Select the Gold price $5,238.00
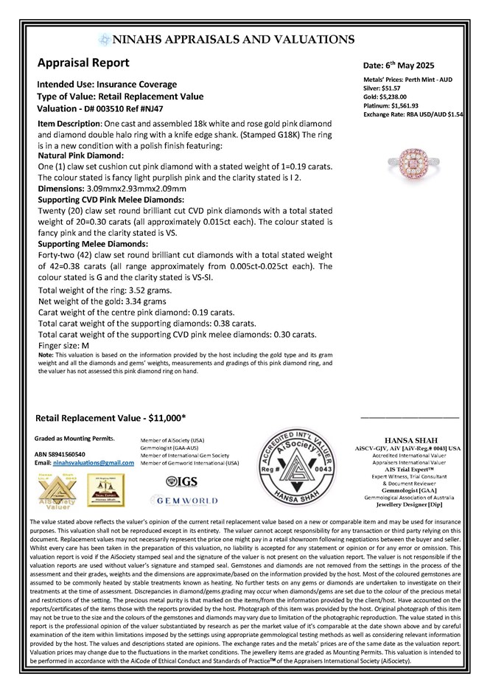(397, 97)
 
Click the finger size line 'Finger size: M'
(63, 344)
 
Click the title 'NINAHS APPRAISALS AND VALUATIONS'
(234, 40)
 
